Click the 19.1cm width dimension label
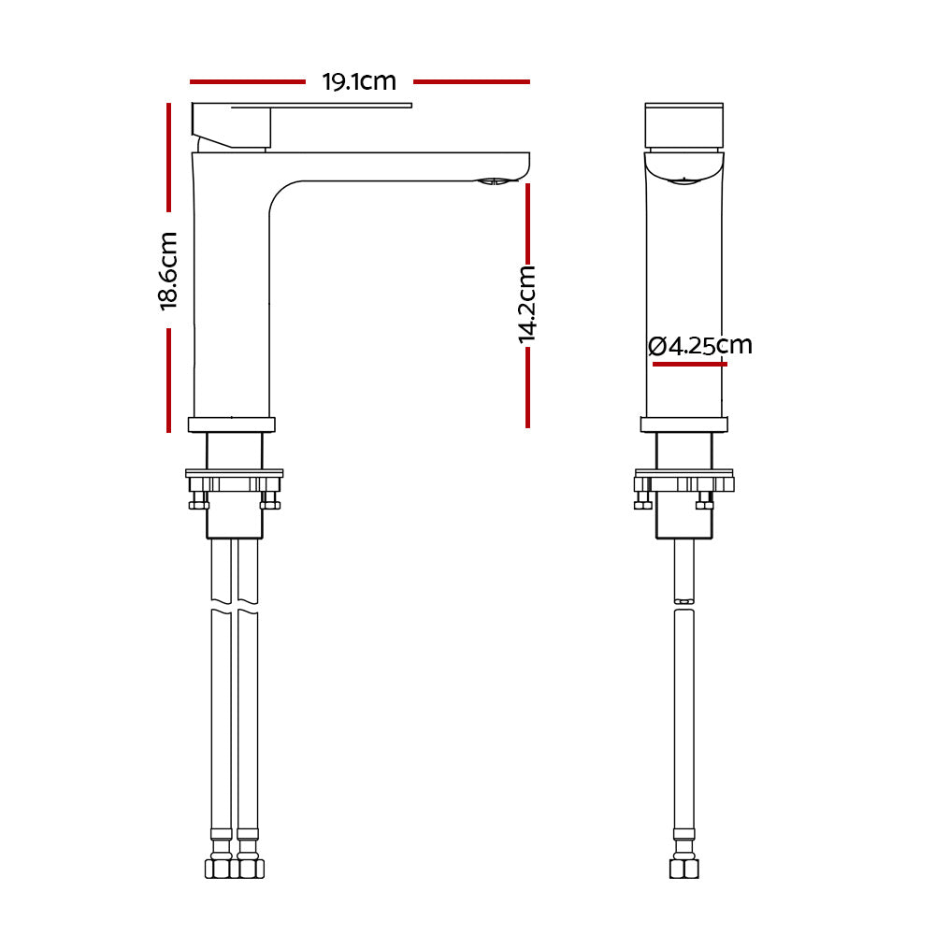point(359,82)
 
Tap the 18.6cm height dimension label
point(168,271)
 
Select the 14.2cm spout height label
point(527,304)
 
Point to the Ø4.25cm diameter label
point(700,345)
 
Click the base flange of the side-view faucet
point(232,424)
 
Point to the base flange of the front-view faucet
point(683,424)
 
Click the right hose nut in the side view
point(249,869)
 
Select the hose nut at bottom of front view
point(684,869)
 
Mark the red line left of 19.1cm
point(247,82)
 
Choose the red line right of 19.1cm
point(471,82)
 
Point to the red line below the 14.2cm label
point(527,387)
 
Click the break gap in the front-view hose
point(684,604)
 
